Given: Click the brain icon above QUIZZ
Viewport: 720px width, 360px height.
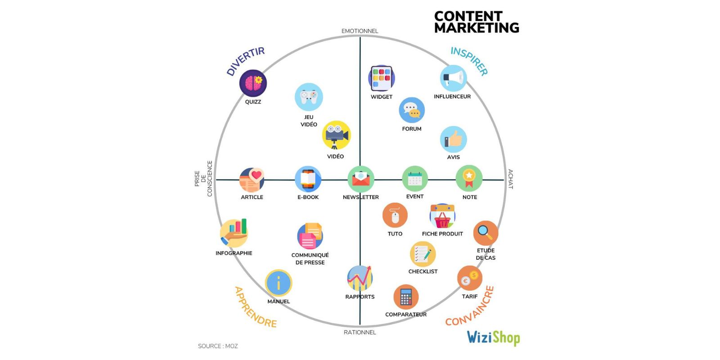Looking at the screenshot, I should click(x=253, y=83).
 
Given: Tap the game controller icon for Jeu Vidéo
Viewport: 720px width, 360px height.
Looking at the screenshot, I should click(x=309, y=97).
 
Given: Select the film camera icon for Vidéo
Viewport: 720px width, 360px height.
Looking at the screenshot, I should click(x=336, y=135).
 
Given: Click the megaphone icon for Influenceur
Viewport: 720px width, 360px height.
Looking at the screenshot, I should click(x=453, y=78).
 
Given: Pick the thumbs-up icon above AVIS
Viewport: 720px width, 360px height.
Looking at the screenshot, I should click(x=453, y=139).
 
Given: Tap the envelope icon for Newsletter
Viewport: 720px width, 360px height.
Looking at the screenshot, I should click(x=360, y=179).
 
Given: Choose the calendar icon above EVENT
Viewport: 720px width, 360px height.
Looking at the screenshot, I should click(x=415, y=179).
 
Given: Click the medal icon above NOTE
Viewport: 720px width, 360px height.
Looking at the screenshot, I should click(x=469, y=179).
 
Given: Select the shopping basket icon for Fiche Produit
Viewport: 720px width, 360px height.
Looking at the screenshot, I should click(x=442, y=216).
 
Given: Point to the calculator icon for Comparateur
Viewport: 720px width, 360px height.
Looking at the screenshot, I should click(x=406, y=297).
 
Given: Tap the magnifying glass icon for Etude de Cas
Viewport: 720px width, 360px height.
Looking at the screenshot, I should click(x=486, y=233).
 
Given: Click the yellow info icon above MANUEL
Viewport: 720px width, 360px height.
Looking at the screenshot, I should click(x=279, y=283).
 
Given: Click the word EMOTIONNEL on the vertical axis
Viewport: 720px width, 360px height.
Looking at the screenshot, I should click(x=360, y=31).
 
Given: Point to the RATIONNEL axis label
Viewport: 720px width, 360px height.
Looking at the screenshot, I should click(x=360, y=333).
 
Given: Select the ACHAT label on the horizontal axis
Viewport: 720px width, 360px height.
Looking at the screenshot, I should click(x=510, y=179).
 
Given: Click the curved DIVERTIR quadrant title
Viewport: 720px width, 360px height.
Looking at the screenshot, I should click(x=245, y=61).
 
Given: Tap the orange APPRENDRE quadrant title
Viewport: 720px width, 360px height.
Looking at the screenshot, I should click(x=255, y=307).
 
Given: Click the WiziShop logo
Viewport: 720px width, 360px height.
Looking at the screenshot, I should click(x=493, y=337).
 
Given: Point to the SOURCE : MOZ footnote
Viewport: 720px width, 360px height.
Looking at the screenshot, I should click(x=218, y=346).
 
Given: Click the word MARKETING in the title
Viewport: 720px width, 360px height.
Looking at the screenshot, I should click(x=477, y=28).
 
